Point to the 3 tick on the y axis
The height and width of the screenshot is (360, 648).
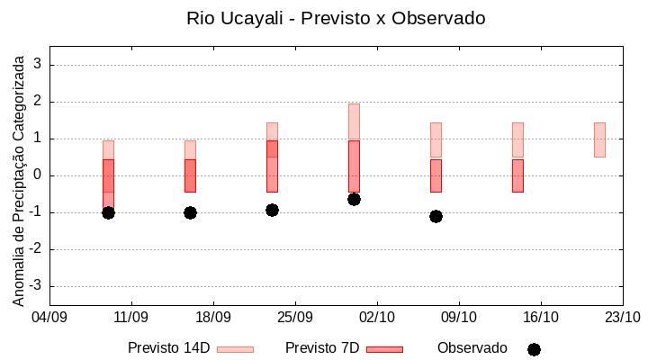[x=38, y=65]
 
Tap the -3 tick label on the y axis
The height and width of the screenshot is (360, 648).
[x=35, y=286]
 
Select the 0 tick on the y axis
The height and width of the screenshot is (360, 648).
[x=38, y=175]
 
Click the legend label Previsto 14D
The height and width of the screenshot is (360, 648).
[x=168, y=348]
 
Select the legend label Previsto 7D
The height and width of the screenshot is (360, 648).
[x=322, y=348]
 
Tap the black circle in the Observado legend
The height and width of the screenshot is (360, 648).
[x=534, y=349]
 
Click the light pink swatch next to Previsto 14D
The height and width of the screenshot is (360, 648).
[x=235, y=349]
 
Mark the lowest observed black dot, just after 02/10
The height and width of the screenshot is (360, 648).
[x=436, y=216]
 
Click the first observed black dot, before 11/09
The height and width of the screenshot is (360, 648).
[x=108, y=212]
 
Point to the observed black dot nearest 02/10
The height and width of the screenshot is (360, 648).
[x=354, y=199]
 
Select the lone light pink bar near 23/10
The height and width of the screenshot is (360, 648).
[x=599, y=139]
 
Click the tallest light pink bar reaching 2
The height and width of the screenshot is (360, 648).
[x=354, y=121]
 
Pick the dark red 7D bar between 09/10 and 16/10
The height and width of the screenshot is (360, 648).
[x=517, y=175]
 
